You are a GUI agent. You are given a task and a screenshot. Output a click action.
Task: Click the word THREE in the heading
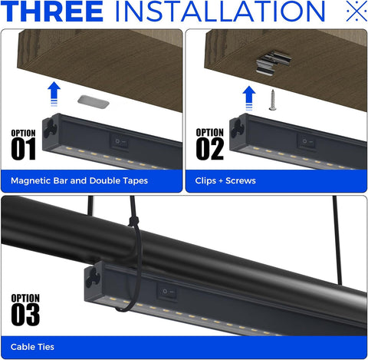point(52,12)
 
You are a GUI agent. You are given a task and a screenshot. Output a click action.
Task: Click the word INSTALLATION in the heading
point(220,12)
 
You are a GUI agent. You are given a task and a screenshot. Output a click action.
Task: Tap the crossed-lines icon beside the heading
point(356,11)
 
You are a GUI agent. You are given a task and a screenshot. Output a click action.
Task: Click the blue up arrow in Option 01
point(54,94)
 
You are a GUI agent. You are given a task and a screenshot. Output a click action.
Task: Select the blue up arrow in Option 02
point(249,98)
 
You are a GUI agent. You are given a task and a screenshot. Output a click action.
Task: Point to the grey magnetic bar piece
point(94,101)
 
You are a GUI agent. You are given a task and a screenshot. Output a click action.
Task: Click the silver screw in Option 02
point(273,100)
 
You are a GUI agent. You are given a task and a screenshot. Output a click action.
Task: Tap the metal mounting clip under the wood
point(274,61)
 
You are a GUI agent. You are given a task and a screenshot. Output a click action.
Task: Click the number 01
point(23,149)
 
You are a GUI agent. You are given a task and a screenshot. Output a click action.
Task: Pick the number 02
point(210,149)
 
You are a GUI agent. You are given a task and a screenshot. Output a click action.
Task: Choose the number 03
point(25,315)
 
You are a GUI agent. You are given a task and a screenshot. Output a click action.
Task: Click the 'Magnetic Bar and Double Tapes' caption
point(79,180)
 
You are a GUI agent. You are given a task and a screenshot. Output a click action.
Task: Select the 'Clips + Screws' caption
point(225,180)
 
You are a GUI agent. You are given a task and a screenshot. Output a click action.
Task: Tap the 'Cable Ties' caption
point(32,347)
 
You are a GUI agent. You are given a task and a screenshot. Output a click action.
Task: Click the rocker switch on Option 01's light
point(119,142)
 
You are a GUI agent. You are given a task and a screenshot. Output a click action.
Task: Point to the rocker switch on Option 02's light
point(306,141)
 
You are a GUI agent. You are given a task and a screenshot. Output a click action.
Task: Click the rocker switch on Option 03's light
point(167,292)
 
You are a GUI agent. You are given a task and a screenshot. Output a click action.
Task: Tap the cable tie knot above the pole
point(134,221)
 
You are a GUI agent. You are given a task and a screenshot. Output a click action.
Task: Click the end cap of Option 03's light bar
point(93,279)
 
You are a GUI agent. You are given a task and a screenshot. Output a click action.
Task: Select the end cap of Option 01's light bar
point(51,129)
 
